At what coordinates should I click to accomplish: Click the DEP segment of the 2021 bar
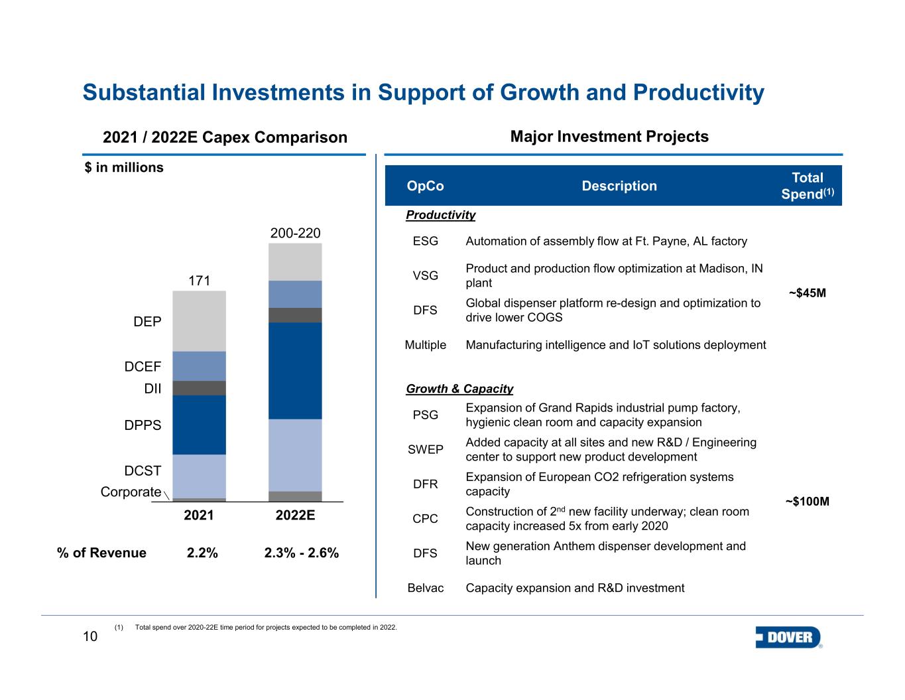(x=199, y=321)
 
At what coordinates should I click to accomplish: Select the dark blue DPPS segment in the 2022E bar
(x=295, y=370)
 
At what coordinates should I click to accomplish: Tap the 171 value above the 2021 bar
(x=199, y=281)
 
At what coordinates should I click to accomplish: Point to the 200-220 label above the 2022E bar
(x=295, y=233)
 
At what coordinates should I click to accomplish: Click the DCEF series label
(x=143, y=367)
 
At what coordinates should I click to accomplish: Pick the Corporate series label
(x=131, y=492)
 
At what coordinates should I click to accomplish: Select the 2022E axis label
(x=295, y=516)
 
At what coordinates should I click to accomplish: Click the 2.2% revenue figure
(x=202, y=553)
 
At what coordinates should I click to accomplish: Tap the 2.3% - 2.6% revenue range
(x=302, y=553)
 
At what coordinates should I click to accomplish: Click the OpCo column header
(x=425, y=186)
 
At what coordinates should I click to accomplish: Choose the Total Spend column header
(x=807, y=186)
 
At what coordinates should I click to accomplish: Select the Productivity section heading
(x=441, y=215)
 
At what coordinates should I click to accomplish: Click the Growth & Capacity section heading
(x=459, y=389)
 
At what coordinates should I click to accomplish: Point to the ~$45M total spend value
(x=807, y=293)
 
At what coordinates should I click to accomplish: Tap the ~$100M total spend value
(x=807, y=501)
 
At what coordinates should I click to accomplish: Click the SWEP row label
(x=425, y=449)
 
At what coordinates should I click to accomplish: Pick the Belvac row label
(x=425, y=588)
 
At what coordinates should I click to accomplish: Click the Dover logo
(x=788, y=637)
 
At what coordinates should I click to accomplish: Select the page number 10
(x=90, y=636)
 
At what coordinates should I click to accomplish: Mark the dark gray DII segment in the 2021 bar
(x=199, y=388)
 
